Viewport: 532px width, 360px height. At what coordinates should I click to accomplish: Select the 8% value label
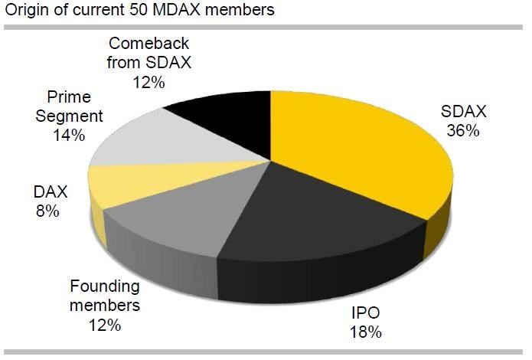[47, 211]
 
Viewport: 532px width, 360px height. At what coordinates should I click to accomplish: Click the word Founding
[105, 288]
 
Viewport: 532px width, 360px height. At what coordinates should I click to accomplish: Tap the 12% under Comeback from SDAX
[147, 80]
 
